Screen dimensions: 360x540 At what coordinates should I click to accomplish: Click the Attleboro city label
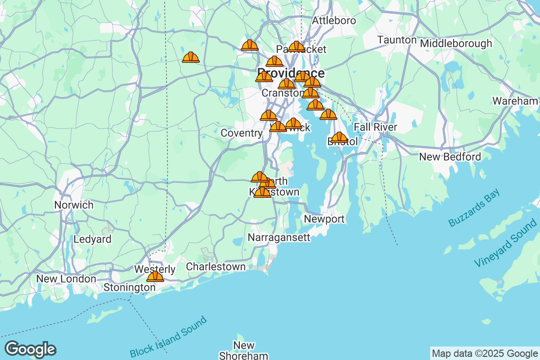coord(334,21)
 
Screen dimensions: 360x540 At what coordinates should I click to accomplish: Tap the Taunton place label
coord(396,40)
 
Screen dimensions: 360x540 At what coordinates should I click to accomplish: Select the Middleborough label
coord(456,44)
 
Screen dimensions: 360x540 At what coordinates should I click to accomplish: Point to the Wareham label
coord(515,101)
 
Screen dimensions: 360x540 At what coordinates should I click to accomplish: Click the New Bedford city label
coord(450,157)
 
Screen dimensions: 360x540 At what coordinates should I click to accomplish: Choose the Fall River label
coord(375,127)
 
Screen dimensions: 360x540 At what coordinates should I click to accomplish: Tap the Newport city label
coord(324,219)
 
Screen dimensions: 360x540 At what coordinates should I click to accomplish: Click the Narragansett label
coord(279,238)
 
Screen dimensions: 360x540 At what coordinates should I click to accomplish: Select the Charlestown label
coord(216,266)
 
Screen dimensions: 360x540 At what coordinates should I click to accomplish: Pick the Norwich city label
coord(74,205)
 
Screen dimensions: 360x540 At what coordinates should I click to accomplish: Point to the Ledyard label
coord(92,239)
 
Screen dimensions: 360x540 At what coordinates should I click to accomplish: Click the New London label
coord(66,279)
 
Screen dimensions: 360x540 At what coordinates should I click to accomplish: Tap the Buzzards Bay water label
coord(474,208)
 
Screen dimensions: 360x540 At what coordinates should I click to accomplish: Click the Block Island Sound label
coord(168,337)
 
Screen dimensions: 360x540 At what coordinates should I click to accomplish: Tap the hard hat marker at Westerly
coord(155,276)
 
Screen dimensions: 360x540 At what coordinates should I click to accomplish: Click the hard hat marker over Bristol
coord(339,137)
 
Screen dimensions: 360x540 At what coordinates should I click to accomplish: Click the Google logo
coord(30,349)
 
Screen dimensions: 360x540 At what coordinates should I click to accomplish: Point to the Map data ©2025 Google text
coord(485,353)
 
